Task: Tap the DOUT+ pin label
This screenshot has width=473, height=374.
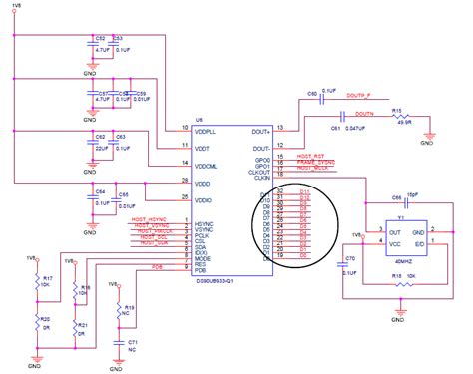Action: coord(256,128)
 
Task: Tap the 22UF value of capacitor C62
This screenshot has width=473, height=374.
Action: coord(101,150)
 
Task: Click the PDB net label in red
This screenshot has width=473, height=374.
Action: coord(157,266)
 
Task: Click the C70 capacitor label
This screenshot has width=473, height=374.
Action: coord(349,259)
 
